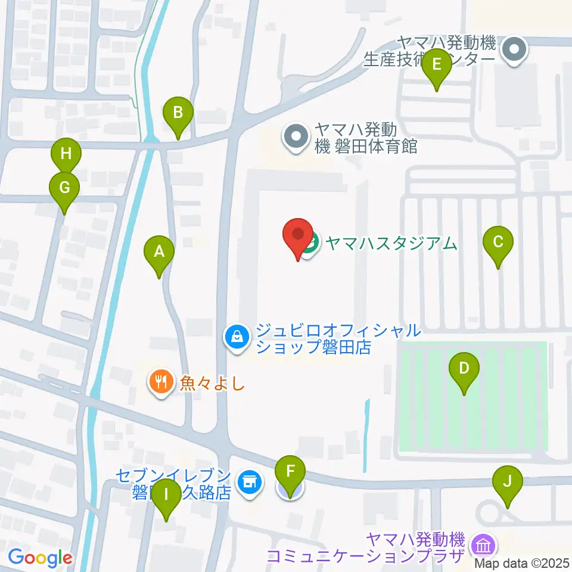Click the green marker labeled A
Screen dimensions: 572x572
click(159, 252)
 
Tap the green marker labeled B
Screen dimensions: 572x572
click(178, 113)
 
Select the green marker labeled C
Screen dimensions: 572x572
click(498, 243)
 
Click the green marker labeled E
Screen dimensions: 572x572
click(436, 64)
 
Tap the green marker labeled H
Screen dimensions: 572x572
click(66, 154)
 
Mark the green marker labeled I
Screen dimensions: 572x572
click(166, 495)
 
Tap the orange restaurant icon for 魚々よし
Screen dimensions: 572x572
click(160, 380)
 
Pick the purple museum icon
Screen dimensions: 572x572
click(481, 544)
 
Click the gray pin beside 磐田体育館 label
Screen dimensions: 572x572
click(296, 137)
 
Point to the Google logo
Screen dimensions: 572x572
click(40, 558)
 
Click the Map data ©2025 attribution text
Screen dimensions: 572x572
click(523, 562)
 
